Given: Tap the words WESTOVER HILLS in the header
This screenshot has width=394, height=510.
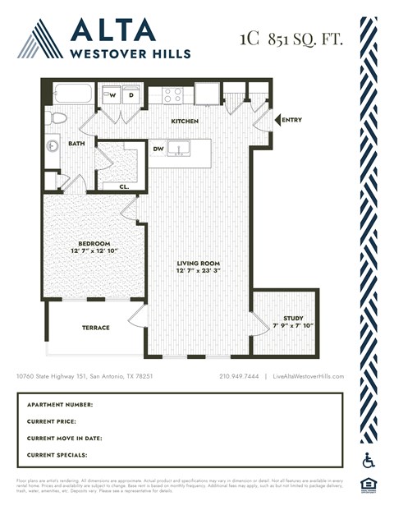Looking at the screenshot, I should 131,53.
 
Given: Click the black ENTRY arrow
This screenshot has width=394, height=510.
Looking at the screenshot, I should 277,120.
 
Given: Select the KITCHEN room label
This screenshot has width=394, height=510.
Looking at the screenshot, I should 184,121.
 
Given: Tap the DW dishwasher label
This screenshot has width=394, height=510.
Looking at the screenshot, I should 158,149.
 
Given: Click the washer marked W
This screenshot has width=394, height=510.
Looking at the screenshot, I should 114,95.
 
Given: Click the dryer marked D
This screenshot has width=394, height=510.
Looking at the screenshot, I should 131,95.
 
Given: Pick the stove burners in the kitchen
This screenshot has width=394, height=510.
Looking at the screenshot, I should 172,95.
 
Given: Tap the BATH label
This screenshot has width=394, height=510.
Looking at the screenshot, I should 76,144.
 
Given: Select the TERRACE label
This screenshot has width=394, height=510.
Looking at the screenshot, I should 95,327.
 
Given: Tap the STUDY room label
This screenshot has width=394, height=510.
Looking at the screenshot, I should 293,318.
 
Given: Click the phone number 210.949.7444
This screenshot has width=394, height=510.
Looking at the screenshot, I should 240,376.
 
